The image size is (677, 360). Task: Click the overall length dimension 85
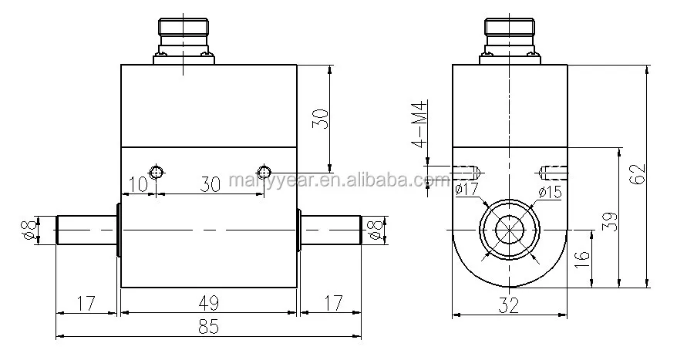coord(208,327)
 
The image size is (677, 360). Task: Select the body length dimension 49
coord(208,303)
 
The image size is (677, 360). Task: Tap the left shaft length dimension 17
coord(86,303)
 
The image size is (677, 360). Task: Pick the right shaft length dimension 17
coord(332,303)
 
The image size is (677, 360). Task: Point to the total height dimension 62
coord(638,173)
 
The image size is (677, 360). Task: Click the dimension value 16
coord(582,260)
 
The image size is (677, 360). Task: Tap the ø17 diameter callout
coord(467,189)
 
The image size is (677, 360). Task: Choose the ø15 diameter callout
coord(550,191)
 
